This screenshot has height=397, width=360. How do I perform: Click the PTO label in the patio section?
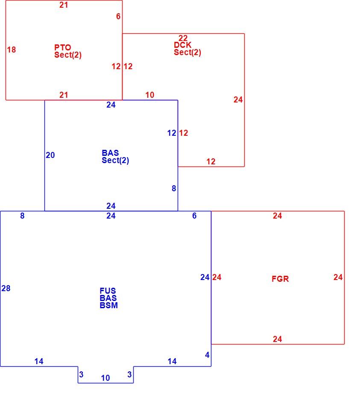[63, 47]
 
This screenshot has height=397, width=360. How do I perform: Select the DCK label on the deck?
[182, 45]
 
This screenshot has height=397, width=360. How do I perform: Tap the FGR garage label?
[280, 279]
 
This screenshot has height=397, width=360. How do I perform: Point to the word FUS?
[108, 291]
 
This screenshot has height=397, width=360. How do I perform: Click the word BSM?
[109, 305]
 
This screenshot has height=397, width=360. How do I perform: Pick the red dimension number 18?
[12, 50]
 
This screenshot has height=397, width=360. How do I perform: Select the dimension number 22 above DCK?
[183, 38]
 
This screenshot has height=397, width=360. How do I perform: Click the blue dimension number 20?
[50, 155]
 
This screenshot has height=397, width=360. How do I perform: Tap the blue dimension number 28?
[6, 288]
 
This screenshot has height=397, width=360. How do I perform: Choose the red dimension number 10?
[150, 95]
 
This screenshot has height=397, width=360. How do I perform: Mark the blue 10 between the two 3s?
[105, 378]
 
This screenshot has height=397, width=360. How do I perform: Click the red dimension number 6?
[118, 17]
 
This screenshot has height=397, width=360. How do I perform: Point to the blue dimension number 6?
[194, 216]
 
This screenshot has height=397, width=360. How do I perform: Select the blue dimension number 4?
[207, 355]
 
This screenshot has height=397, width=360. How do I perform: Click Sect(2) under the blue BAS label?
[115, 161]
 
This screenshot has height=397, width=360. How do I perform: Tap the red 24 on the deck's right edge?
[238, 100]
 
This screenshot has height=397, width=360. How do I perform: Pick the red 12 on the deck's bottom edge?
[211, 161]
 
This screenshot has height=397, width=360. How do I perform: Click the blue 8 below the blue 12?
[174, 188]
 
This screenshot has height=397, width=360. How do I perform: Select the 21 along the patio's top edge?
[64, 5]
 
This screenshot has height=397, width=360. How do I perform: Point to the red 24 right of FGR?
[338, 277]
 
